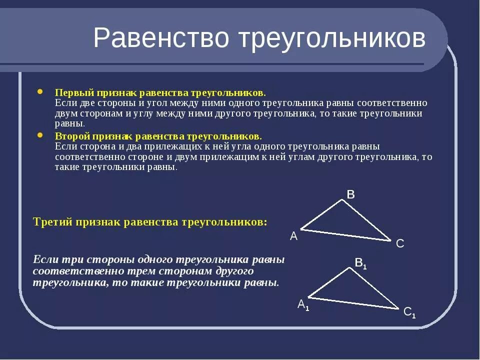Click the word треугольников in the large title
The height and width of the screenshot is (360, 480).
pyautogui.click(x=330, y=39)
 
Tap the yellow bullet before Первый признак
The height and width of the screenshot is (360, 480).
pyautogui.click(x=40, y=92)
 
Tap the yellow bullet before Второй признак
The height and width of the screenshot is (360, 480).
pyautogui.click(x=40, y=135)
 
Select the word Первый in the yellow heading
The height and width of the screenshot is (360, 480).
pyautogui.click(x=71, y=93)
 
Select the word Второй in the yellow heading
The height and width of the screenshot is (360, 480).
pyautogui.click(x=70, y=136)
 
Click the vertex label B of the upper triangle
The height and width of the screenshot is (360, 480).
pyautogui.click(x=350, y=194)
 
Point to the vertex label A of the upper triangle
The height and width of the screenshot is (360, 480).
pyautogui.click(x=294, y=236)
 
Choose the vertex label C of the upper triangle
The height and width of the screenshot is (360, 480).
pyautogui.click(x=399, y=243)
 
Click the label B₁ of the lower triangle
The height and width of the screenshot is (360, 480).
pyautogui.click(x=360, y=262)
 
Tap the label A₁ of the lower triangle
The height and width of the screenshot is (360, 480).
pyautogui.click(x=303, y=304)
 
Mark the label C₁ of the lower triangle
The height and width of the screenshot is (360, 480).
pyautogui.click(x=409, y=312)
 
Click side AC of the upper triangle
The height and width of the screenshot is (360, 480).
pyautogui.click(x=345, y=235)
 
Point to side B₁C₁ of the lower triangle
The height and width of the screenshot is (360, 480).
pyautogui.click(x=373, y=288)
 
